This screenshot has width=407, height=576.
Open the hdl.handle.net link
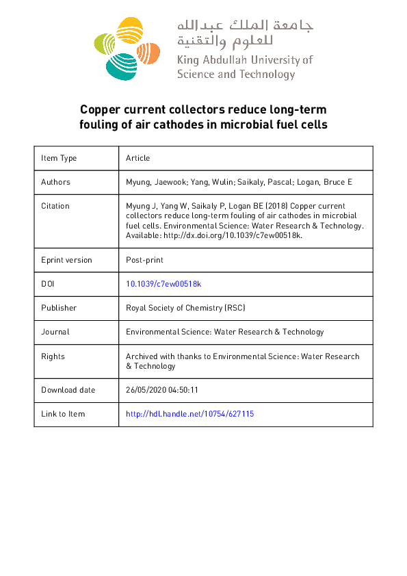point(190,414)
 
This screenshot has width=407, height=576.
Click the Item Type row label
point(59,158)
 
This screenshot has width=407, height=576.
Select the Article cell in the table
point(137,158)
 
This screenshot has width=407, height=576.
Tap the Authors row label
point(55,182)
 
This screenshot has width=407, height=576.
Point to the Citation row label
point(55,206)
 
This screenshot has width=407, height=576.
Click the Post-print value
point(144,260)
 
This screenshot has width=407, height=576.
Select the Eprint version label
point(66,260)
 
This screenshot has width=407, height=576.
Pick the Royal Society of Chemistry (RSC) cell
point(185,308)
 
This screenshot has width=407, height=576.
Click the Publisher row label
point(59,308)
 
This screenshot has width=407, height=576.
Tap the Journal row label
point(55,332)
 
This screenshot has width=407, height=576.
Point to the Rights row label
point(53,356)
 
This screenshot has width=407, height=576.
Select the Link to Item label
point(63,414)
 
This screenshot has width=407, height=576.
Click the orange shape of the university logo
point(150,50)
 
